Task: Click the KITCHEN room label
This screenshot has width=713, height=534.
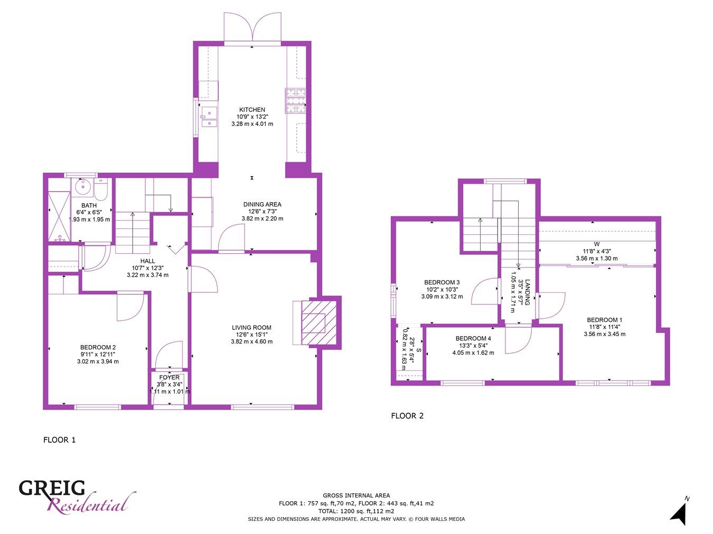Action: click(x=252, y=110)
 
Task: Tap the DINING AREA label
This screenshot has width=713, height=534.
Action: click(x=262, y=204)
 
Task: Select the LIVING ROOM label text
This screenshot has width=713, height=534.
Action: click(x=251, y=328)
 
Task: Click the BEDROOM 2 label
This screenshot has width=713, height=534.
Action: click(x=98, y=347)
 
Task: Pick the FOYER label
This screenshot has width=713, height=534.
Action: click(x=169, y=377)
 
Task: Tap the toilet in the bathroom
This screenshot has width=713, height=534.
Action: click(x=102, y=188)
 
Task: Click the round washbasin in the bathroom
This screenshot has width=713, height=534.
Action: click(x=82, y=186)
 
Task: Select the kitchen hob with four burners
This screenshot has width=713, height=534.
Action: click(x=296, y=100)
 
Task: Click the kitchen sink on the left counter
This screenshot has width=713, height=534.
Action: click(x=209, y=117)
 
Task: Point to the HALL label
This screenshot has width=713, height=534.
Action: click(x=148, y=261)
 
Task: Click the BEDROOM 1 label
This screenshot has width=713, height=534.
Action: click(x=604, y=320)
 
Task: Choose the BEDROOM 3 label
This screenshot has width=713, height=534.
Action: click(x=442, y=282)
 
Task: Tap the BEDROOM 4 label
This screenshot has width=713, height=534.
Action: click(x=473, y=338)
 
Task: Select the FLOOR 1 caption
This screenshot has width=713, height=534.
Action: click(x=59, y=440)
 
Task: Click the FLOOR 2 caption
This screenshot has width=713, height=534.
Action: click(x=407, y=416)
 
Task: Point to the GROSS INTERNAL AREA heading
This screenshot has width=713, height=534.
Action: click(x=356, y=495)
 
